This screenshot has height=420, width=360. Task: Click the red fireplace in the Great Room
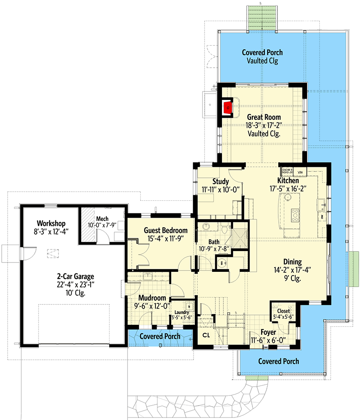click(228, 108)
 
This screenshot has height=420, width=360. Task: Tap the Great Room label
click(264, 117)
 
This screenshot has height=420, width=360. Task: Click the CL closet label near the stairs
click(206, 335)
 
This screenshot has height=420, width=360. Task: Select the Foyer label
click(268, 332)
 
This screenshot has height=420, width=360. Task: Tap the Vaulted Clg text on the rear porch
click(262, 61)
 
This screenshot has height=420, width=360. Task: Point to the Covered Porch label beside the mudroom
click(160, 336)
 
